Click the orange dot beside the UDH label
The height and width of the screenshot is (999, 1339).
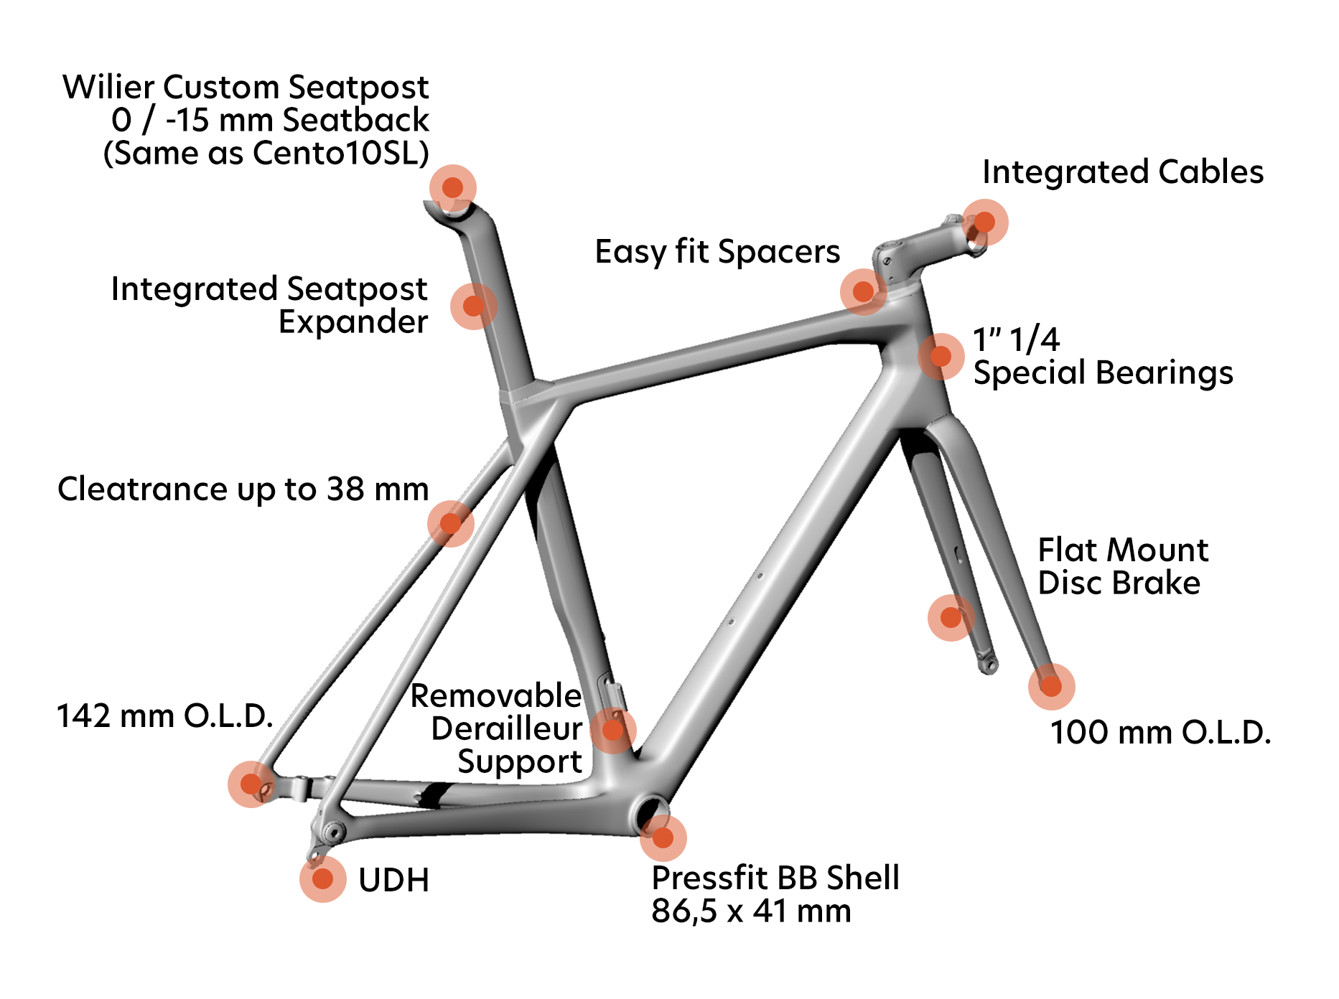(x=323, y=878)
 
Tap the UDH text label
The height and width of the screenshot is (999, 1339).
(x=393, y=880)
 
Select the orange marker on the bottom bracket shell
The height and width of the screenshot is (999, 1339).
(x=663, y=838)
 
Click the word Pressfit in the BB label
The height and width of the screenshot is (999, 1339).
(x=709, y=878)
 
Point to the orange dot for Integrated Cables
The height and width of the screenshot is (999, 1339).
(x=984, y=222)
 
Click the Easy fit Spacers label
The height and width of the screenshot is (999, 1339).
(x=717, y=252)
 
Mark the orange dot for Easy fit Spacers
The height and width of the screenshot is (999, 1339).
(x=863, y=291)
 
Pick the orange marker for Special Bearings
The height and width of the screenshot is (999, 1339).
(x=941, y=356)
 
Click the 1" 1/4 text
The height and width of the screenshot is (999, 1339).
(x=1016, y=339)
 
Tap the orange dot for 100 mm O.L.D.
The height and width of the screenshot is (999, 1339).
(x=1051, y=686)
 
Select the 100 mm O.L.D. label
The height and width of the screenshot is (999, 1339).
(x=1160, y=733)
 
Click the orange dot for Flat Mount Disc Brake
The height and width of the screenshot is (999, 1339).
(x=951, y=617)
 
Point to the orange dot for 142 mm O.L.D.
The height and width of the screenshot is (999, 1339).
(x=251, y=784)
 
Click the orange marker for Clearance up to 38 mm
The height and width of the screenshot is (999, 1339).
(x=450, y=523)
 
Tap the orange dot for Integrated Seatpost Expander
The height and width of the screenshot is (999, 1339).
(x=473, y=306)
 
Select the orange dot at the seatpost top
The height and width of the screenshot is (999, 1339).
(x=452, y=187)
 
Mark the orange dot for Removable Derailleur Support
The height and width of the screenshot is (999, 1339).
(x=613, y=730)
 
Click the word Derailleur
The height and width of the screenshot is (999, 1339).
(x=506, y=729)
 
